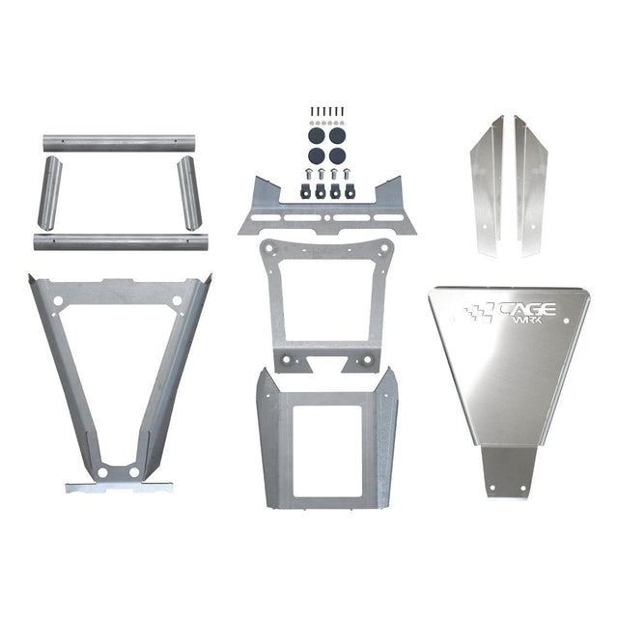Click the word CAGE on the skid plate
(525, 310)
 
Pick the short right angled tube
(188, 192)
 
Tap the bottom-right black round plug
(336, 154)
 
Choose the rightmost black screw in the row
(342, 112)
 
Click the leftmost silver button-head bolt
(307, 177)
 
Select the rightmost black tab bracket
(346, 190)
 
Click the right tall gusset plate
(530, 183)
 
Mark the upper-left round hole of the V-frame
(58, 301)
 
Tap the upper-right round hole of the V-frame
(177, 301)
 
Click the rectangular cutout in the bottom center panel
(326, 449)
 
